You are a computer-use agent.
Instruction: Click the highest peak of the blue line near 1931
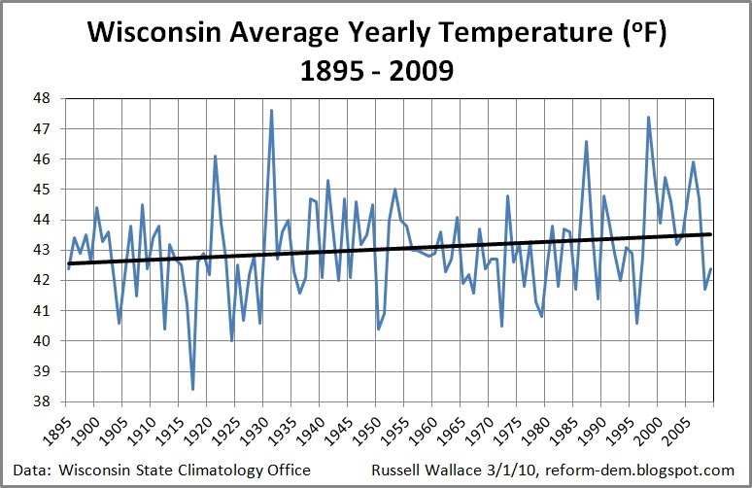coord(271,110)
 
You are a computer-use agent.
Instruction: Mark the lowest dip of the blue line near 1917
coord(193,389)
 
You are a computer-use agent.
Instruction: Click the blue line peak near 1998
coord(648,117)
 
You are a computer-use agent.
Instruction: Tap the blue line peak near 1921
coord(215,156)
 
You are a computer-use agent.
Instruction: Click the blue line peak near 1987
coord(586,141)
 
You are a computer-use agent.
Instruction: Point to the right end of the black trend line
coord(711,234)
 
